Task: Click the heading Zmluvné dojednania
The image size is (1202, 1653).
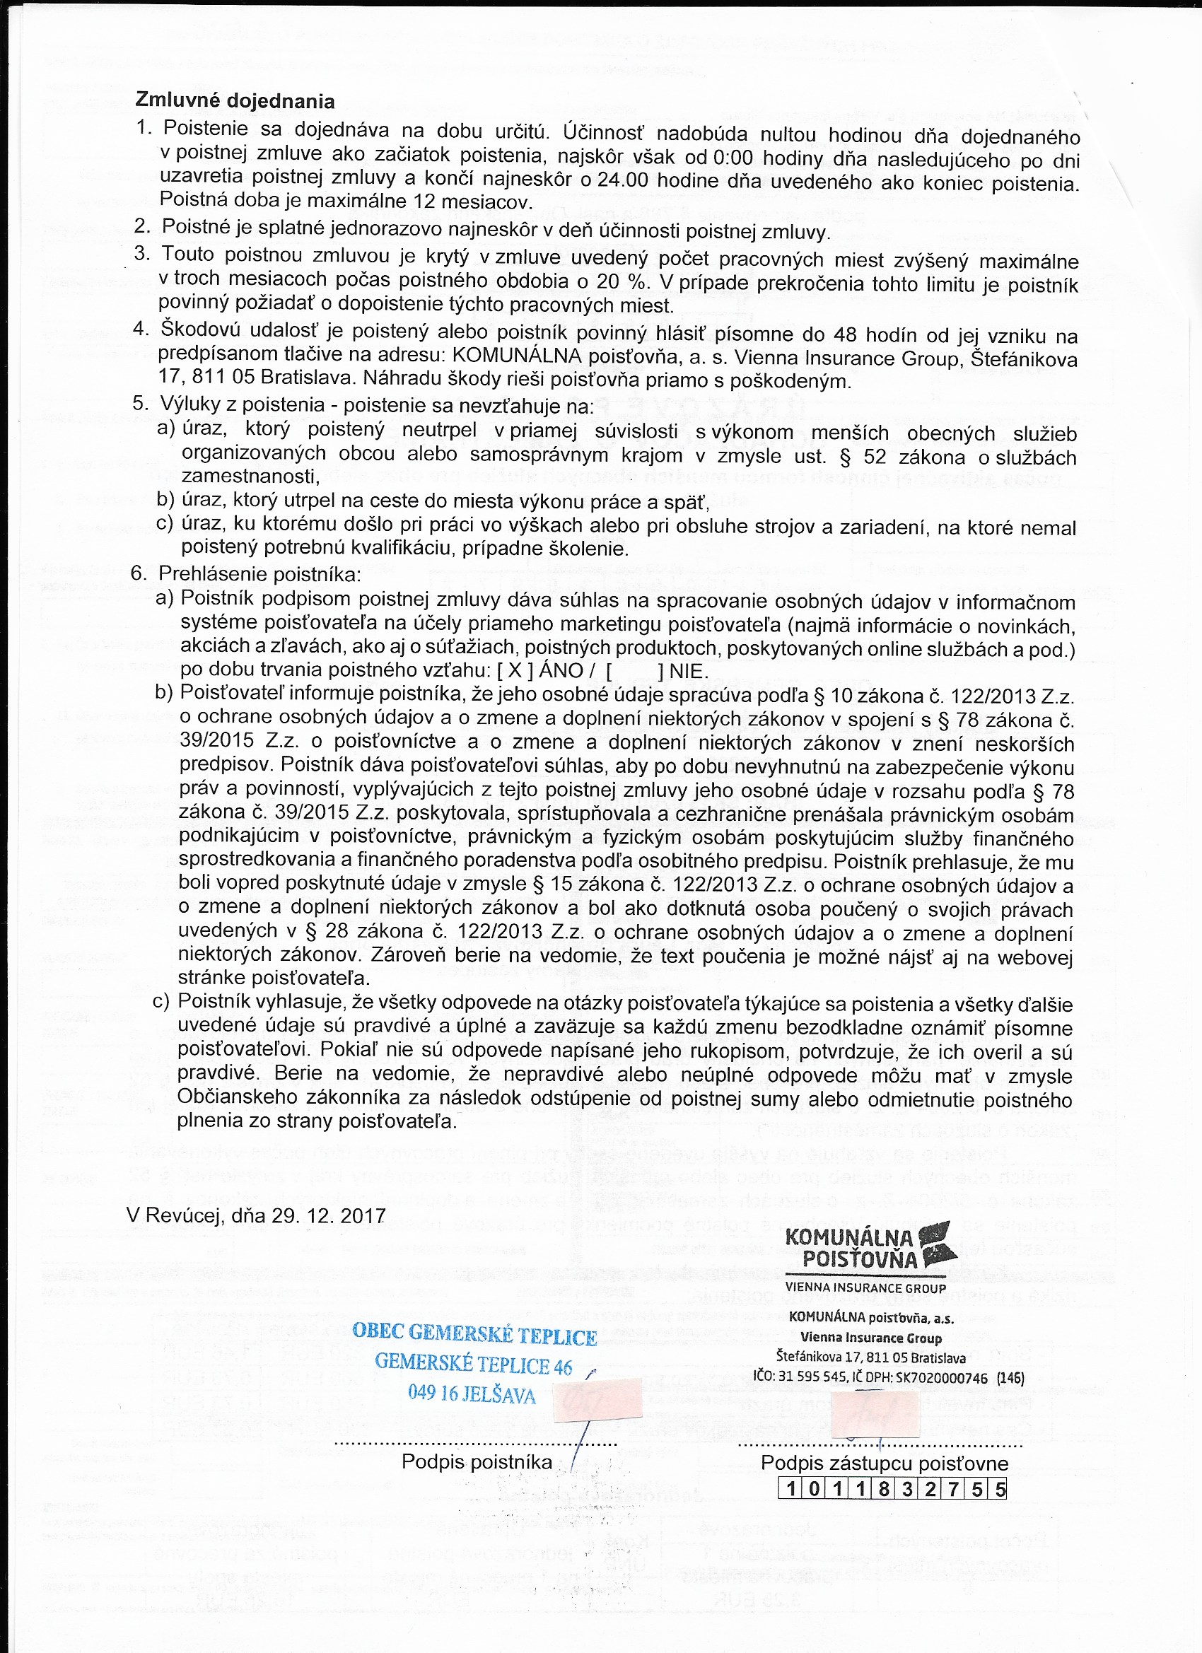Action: pos(235,100)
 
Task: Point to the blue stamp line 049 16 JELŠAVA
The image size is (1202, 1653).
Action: pos(472,1394)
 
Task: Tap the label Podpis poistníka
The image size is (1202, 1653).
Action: pos(477,1461)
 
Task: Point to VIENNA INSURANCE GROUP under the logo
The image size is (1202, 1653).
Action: pos(865,1288)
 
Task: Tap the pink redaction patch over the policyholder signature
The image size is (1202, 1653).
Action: pos(597,1400)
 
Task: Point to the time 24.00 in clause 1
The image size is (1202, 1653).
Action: pos(622,180)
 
